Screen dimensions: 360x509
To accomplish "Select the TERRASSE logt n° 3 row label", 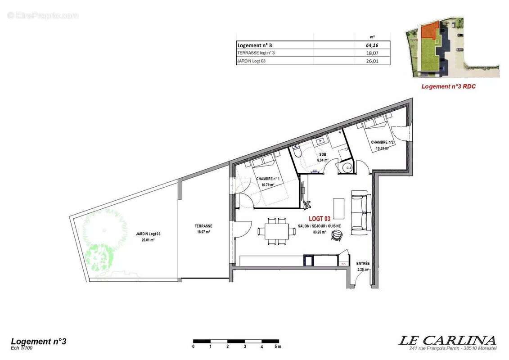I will click(256, 53).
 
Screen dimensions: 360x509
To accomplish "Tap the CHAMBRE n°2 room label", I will click(383, 142).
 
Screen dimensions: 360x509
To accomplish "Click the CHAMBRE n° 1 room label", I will click(268, 179).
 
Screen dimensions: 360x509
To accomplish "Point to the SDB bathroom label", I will click(322, 154).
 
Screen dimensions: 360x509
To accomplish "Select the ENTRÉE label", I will click(363, 263).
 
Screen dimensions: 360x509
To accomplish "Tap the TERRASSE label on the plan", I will click(203, 226).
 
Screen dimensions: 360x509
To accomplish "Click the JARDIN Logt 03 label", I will click(148, 234).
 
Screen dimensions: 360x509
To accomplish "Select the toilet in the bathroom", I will click(296, 154).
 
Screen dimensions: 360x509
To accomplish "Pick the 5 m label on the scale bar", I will click(278, 346).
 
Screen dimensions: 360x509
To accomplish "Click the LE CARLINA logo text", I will click(447, 340).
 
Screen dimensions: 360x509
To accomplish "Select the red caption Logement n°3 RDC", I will click(448, 86).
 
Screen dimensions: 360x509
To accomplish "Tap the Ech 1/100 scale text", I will click(22, 347).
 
